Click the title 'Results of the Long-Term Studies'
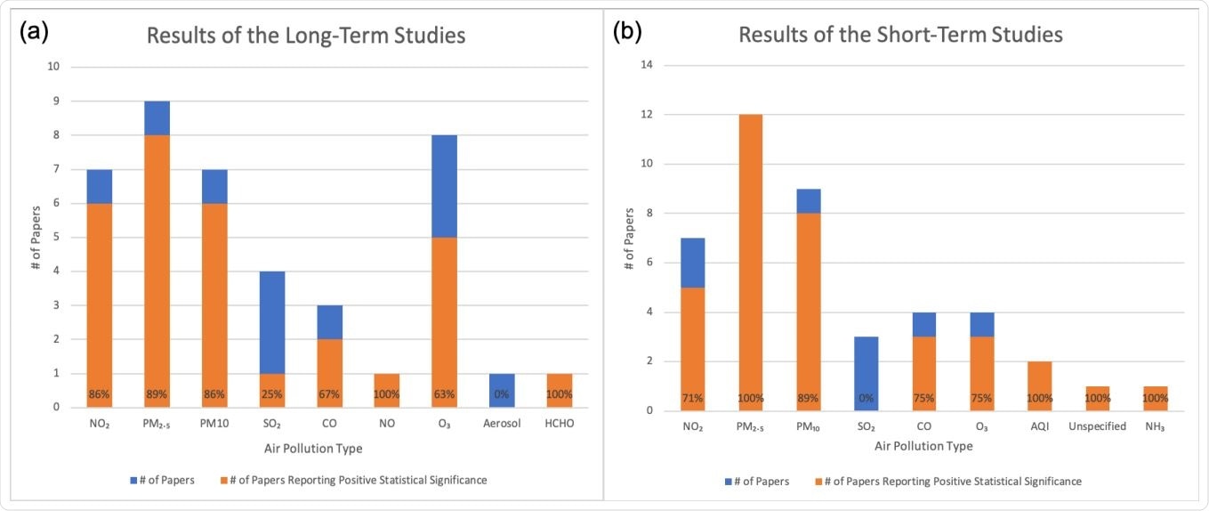[x=306, y=36]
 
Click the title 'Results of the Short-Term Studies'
[x=901, y=36]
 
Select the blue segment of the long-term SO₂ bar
[x=272, y=322]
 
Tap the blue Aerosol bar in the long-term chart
[x=502, y=390]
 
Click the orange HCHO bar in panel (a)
[x=560, y=390]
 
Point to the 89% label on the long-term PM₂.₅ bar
[x=157, y=393]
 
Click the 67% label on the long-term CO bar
[x=329, y=393]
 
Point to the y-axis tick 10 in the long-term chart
[x=53, y=67]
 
